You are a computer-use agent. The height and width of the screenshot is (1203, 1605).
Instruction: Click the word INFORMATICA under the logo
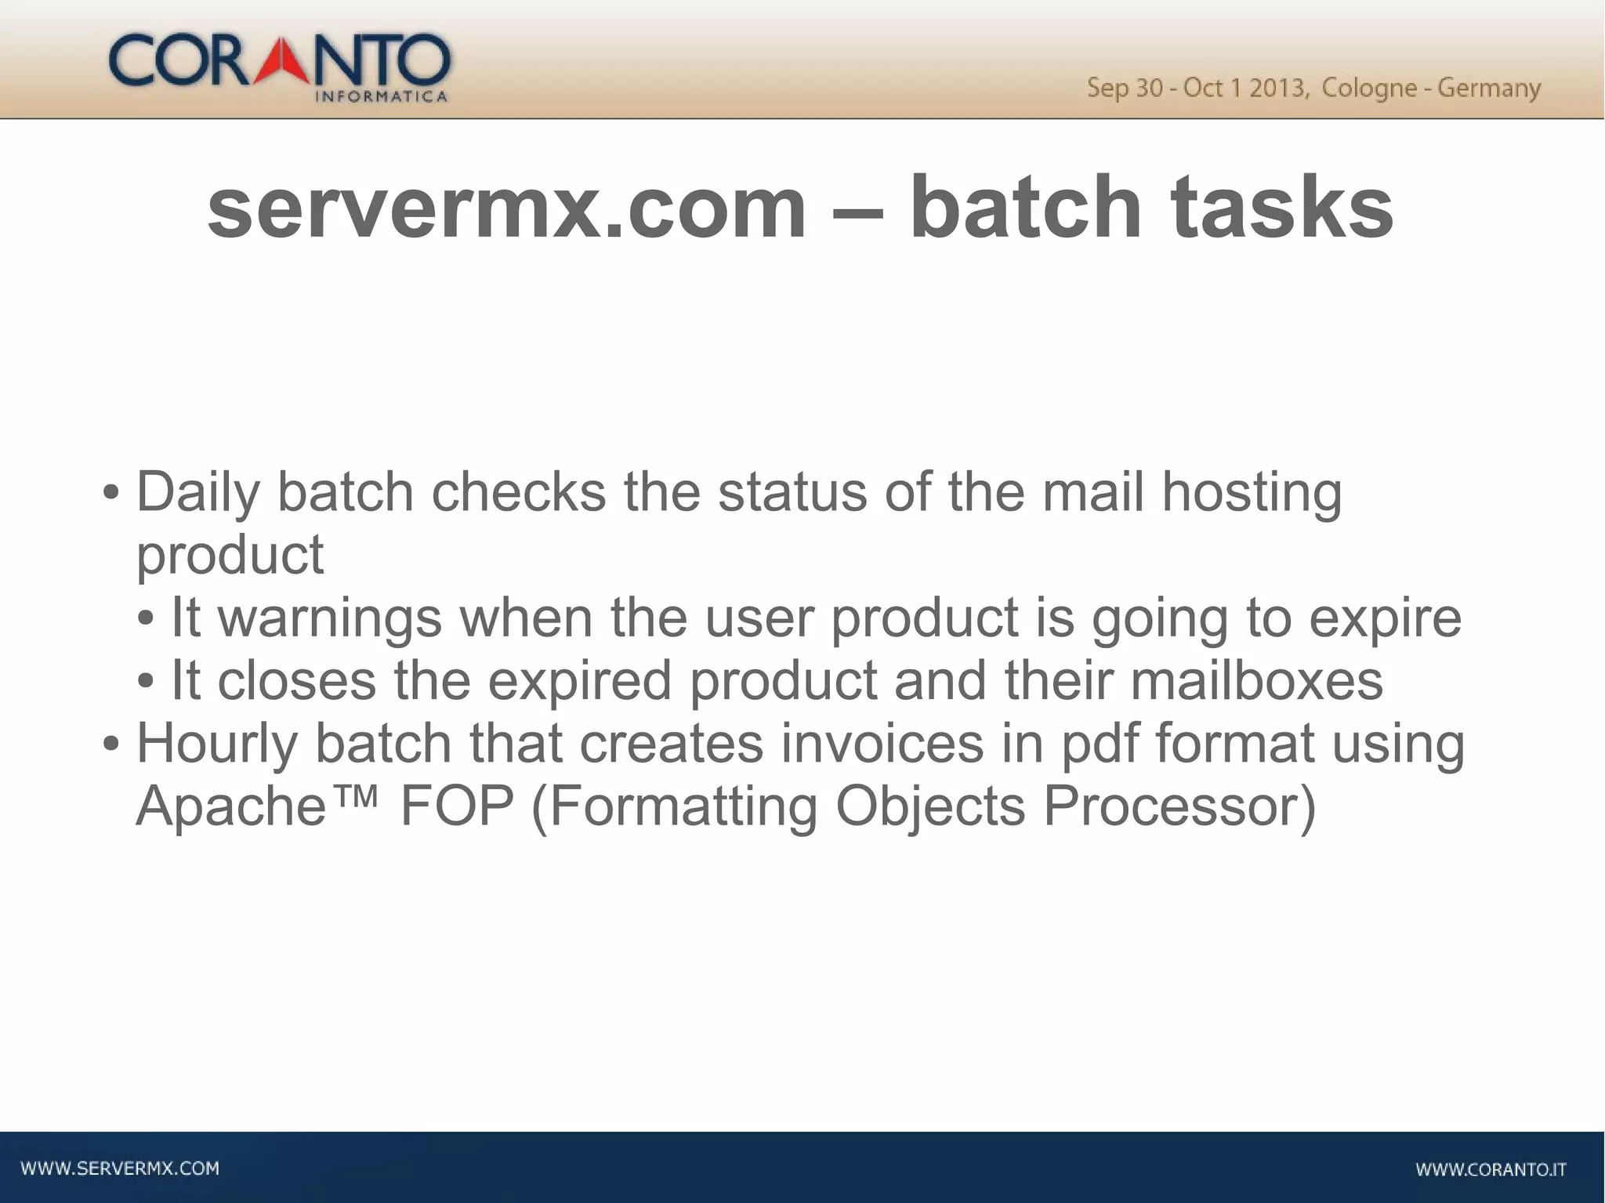tap(381, 97)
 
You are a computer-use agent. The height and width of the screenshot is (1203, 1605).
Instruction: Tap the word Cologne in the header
tap(1369, 88)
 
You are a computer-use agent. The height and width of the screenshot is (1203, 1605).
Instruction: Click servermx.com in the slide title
tap(506, 207)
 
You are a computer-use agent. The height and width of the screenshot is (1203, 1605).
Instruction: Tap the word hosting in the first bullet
tap(1252, 492)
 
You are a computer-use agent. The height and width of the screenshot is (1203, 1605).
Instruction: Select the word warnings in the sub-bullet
tap(329, 618)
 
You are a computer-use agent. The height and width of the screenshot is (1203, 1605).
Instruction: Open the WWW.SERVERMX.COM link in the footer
tap(120, 1169)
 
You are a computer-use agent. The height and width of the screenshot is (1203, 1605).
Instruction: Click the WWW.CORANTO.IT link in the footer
tap(1491, 1170)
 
